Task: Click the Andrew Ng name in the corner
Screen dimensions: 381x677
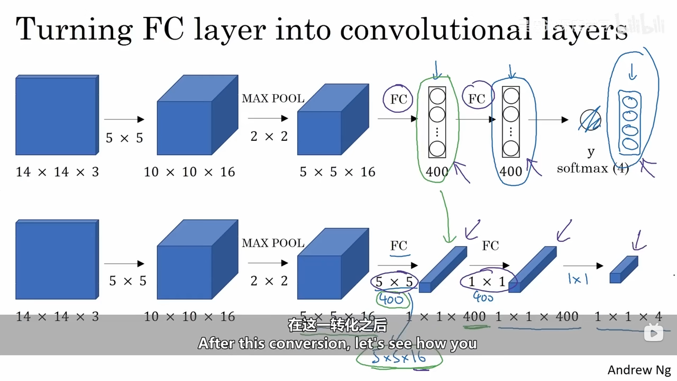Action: pyautogui.click(x=639, y=370)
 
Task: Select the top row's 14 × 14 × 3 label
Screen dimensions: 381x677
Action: pyautogui.click(x=57, y=172)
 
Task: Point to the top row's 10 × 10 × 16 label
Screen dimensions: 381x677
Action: pyautogui.click(x=189, y=172)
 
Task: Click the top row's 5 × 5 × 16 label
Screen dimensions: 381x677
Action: pyautogui.click(x=337, y=172)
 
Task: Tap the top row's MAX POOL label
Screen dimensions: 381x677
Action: pyautogui.click(x=273, y=98)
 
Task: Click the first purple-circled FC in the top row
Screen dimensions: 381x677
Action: pyautogui.click(x=398, y=99)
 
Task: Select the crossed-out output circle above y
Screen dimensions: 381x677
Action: pyautogui.click(x=590, y=120)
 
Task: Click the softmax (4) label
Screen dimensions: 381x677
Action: pyautogui.click(x=592, y=168)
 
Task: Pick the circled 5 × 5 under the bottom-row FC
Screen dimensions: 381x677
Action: pyautogui.click(x=394, y=282)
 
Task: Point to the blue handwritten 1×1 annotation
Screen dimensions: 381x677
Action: pyautogui.click(x=578, y=279)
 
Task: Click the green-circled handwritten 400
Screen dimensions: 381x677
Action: pyautogui.click(x=391, y=300)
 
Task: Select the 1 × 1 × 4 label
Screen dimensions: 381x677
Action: pyautogui.click(x=628, y=316)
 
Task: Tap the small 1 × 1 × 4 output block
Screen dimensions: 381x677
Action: pyautogui.click(x=623, y=270)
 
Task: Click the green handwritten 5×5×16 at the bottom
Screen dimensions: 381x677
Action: pyautogui.click(x=399, y=358)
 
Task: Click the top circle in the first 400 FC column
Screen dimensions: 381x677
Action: pyautogui.click(x=437, y=96)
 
